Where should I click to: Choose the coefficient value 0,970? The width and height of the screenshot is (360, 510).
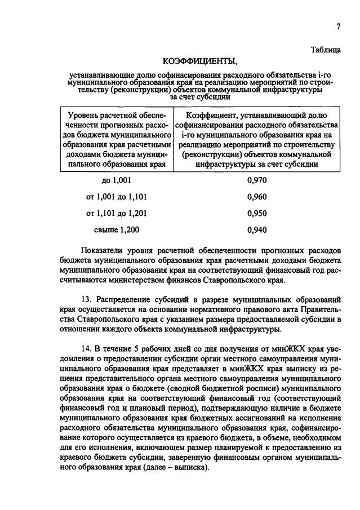(256, 180)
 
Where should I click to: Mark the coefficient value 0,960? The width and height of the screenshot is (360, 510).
(256, 197)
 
